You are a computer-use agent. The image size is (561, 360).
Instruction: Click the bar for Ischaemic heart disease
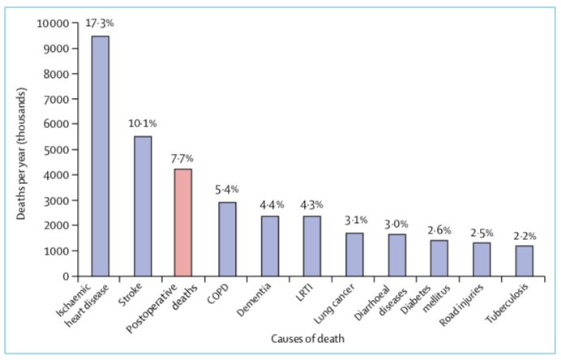(101, 156)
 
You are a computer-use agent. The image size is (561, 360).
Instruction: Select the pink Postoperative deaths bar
(184, 222)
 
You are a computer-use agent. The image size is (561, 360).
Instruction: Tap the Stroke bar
(143, 206)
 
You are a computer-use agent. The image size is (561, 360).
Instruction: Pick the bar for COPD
(227, 239)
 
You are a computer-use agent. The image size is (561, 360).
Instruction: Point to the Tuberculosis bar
(525, 261)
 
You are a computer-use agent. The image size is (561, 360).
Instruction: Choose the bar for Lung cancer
(354, 255)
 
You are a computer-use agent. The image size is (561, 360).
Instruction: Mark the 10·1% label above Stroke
(143, 124)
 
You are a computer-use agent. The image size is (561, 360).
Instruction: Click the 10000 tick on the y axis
(52, 23)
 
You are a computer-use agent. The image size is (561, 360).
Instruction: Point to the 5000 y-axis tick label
(54, 150)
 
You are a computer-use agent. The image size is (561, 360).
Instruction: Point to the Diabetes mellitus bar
(439, 258)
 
